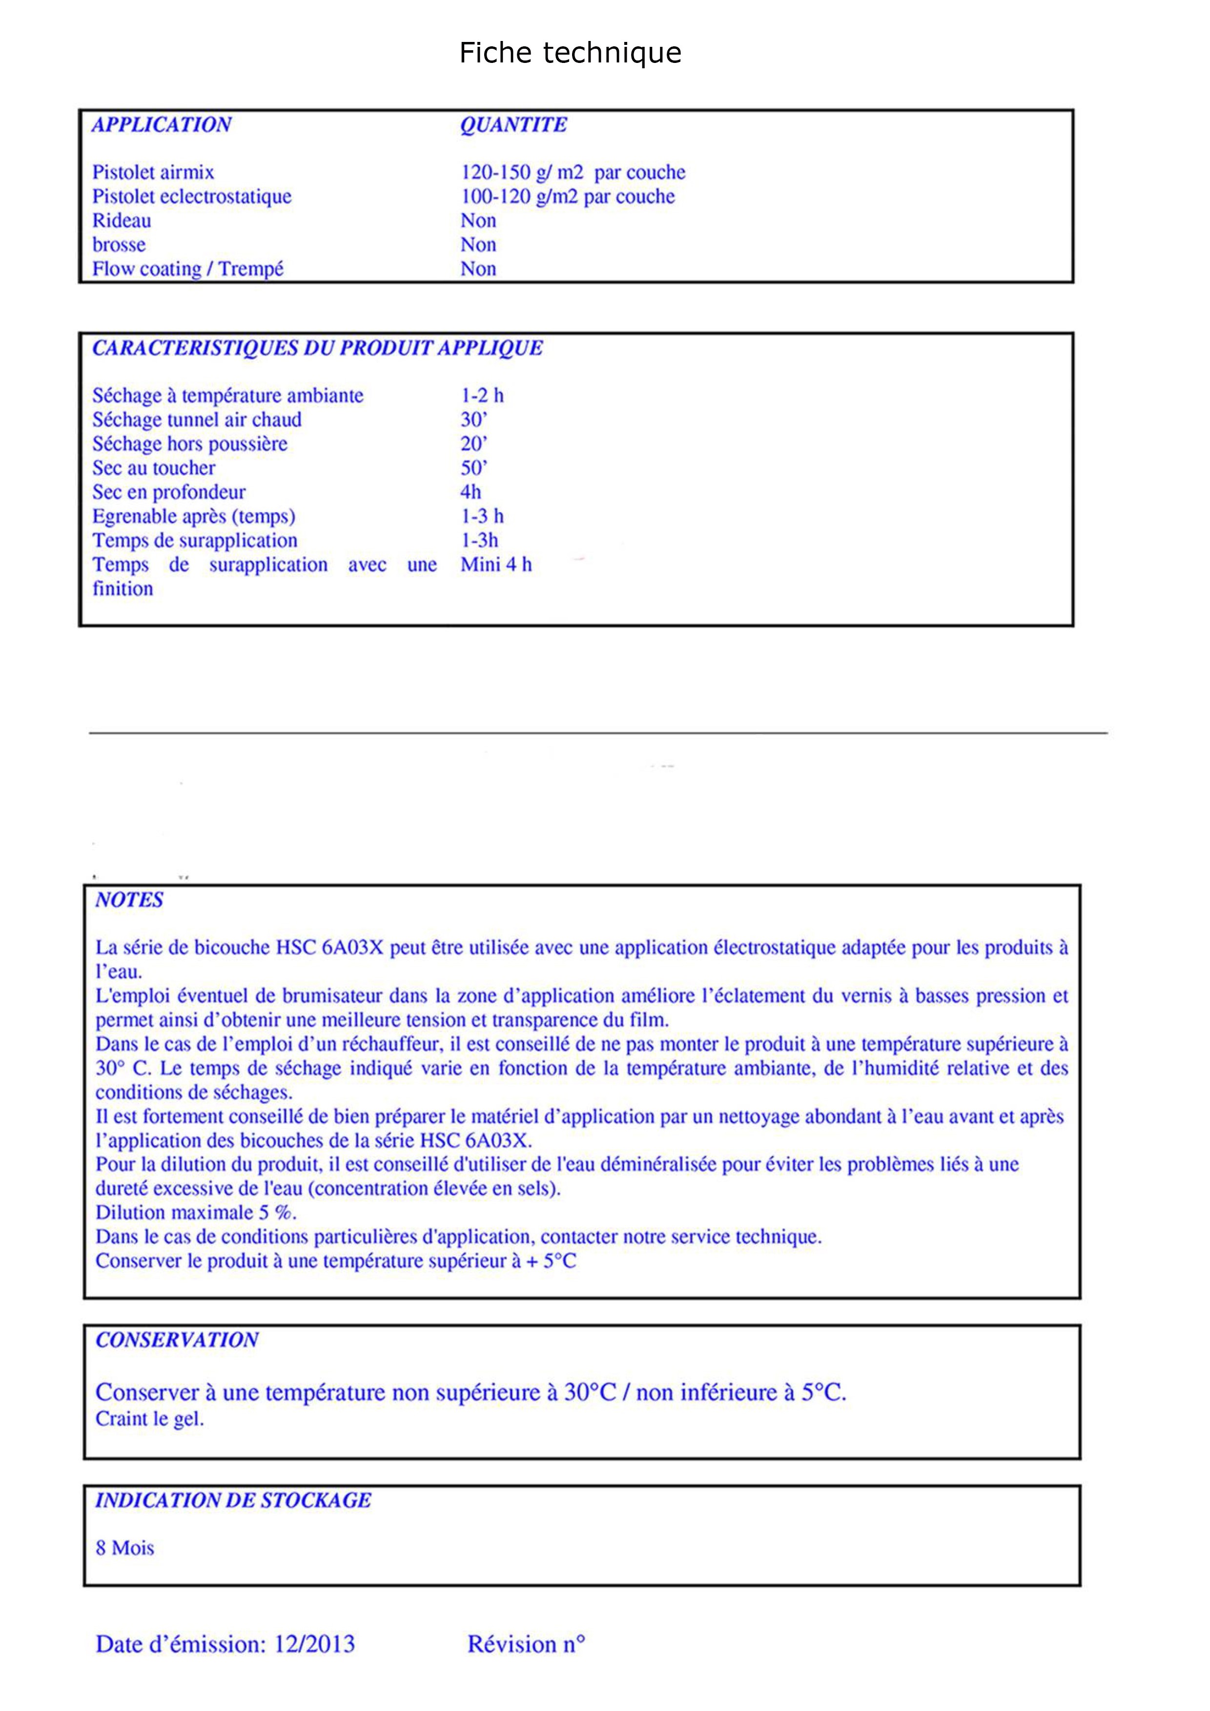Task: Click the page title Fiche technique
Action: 570,53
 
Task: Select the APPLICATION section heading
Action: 161,124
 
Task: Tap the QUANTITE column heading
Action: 513,124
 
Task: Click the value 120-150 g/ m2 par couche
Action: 573,172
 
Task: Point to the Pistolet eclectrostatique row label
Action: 192,197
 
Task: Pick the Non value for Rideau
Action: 478,220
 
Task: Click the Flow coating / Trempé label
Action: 188,269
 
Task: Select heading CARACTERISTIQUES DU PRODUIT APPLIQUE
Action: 317,348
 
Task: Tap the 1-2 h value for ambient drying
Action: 482,396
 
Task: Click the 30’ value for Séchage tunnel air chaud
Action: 473,419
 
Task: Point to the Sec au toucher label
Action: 154,468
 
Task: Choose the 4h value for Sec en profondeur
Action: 471,492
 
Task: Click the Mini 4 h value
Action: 496,565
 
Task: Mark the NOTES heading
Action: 129,900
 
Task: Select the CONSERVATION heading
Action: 177,1340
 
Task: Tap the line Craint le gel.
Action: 149,1419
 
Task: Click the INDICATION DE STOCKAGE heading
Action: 233,1501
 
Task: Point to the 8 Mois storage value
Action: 124,1549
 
